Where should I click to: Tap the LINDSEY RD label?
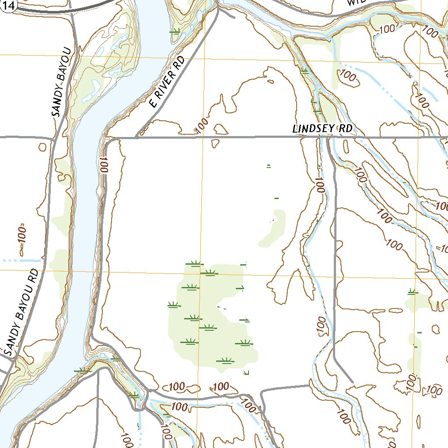(x=322, y=129)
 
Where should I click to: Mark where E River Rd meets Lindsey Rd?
(x=138, y=137)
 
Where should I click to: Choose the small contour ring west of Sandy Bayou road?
(x=42, y=147)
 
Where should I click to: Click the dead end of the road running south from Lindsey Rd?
(x=353, y=382)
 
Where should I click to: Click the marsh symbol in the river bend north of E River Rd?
(x=175, y=31)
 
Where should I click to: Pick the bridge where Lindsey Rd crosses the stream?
(x=327, y=137)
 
